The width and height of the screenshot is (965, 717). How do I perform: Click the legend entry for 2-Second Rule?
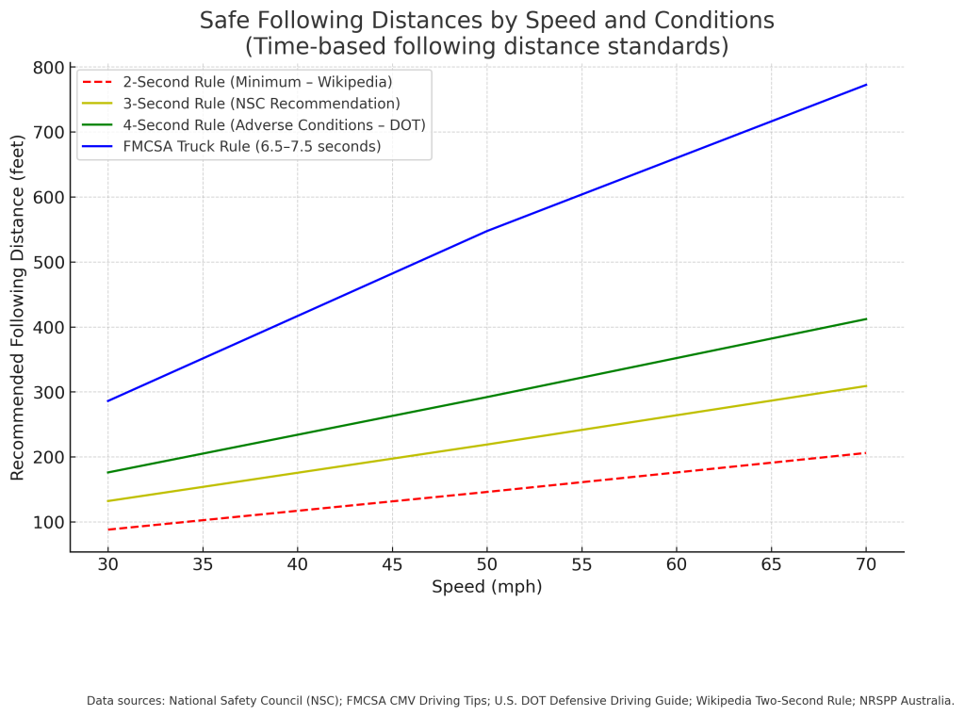click(x=256, y=82)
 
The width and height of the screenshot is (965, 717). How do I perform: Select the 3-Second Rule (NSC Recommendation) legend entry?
click(x=261, y=104)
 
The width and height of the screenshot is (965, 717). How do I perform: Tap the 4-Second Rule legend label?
click(x=274, y=124)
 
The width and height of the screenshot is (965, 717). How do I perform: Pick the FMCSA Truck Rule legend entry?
click(x=252, y=146)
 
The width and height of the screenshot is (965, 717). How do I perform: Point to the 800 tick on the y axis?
click(x=46, y=68)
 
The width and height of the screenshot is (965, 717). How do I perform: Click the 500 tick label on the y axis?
click(x=46, y=262)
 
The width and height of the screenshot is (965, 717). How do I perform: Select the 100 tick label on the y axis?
click(x=46, y=522)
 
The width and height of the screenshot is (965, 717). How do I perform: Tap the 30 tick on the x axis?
click(x=108, y=564)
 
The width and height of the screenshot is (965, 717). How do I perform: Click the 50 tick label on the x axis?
click(x=486, y=564)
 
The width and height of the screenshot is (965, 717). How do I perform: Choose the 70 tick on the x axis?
click(x=865, y=564)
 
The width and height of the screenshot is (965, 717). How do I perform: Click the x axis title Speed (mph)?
click(x=486, y=587)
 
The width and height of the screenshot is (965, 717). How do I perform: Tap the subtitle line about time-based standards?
click(x=486, y=45)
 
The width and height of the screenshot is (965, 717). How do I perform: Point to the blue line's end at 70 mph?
click(x=865, y=85)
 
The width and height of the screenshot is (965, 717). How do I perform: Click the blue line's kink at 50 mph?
click(x=486, y=231)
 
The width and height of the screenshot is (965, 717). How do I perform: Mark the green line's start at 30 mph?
click(x=108, y=472)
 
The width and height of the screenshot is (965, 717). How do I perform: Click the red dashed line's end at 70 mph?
click(x=865, y=453)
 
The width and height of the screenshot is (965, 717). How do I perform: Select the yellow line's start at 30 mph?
click(x=108, y=501)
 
